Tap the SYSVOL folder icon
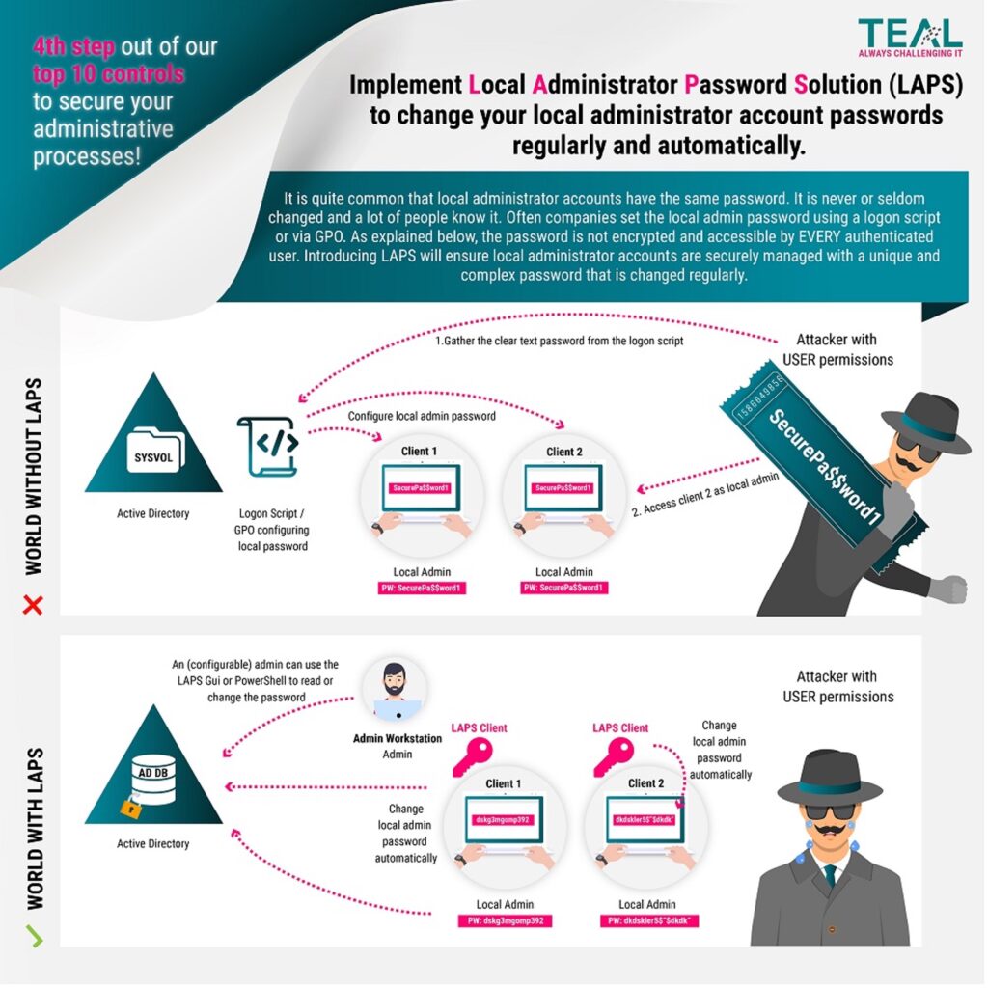tap(153, 452)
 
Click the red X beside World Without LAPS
tap(34, 605)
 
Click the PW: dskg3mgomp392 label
tap(503, 921)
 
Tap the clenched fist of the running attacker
tap(952, 589)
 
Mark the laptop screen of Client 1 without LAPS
tap(421, 488)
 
